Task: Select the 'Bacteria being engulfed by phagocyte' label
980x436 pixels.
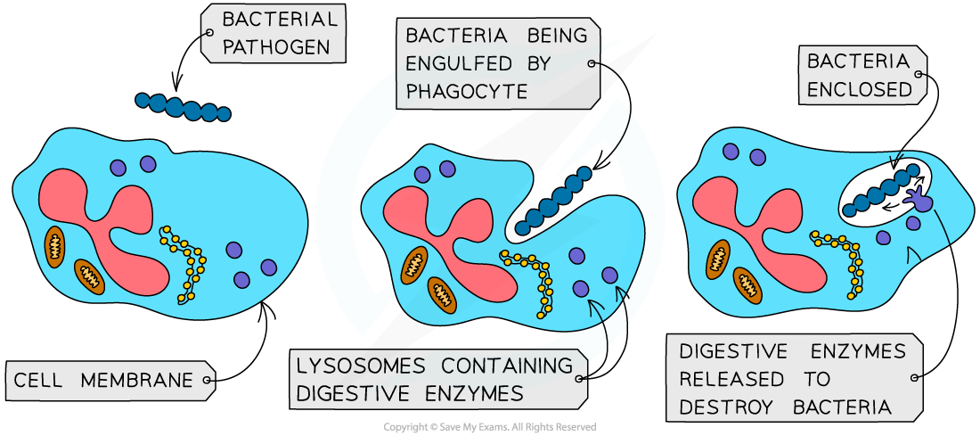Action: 496,63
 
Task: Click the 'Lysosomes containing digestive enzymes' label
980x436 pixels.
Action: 435,378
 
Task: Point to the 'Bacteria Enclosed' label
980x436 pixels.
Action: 859,75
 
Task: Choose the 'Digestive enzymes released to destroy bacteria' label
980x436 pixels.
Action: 793,378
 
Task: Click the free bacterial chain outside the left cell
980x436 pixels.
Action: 183,106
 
